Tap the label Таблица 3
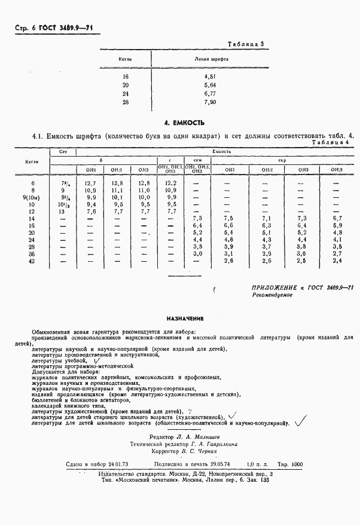point(247,44)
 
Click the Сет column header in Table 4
point(63,153)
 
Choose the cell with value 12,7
point(90,183)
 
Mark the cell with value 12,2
point(171,183)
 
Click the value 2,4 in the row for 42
point(337,261)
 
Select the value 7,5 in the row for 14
point(227,219)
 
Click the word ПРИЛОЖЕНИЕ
point(276,288)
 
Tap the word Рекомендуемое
point(272,295)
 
